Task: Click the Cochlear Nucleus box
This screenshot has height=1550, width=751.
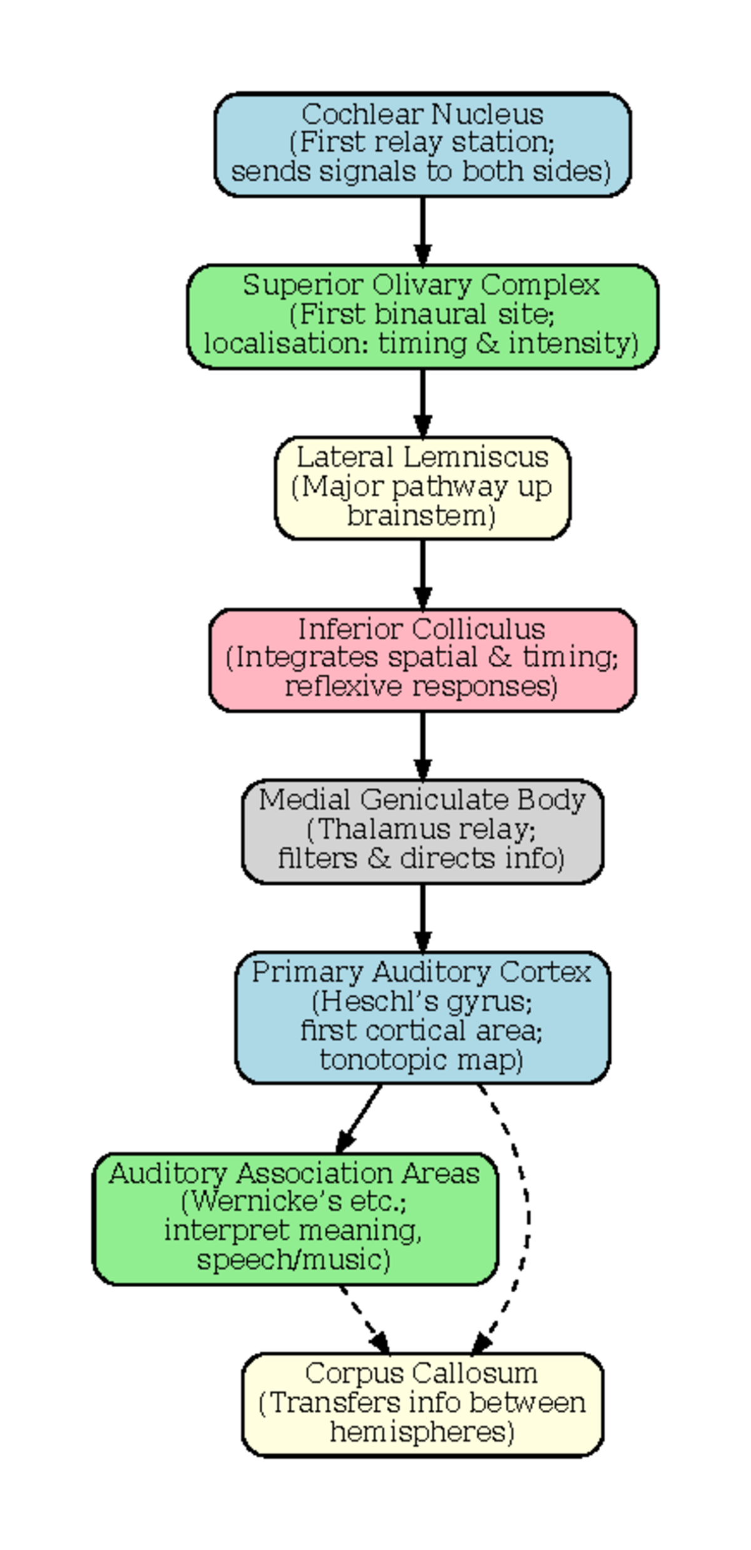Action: point(422,145)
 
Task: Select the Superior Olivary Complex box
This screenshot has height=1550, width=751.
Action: point(422,316)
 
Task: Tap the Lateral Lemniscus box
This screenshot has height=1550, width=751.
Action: point(422,487)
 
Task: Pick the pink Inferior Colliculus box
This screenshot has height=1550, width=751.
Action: point(422,660)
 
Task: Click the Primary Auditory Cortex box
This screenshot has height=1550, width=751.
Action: point(422,1017)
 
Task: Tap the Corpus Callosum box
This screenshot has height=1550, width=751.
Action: point(422,1405)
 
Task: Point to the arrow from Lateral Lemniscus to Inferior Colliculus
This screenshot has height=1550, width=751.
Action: point(422,573)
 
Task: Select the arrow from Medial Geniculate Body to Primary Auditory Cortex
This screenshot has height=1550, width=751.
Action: point(422,917)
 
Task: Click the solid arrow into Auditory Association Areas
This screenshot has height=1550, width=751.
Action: point(359,1117)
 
